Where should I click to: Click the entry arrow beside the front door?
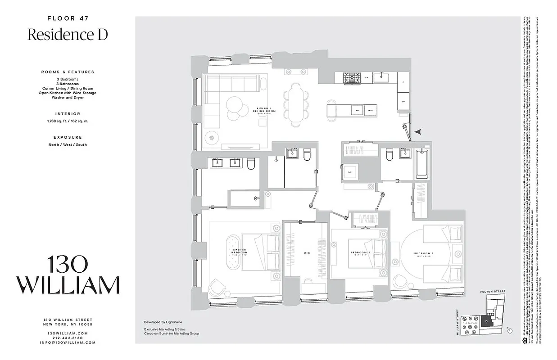point(418,131)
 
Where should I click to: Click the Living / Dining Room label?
point(266,110)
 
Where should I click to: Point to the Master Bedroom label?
point(240,252)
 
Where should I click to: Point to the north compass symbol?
point(510,330)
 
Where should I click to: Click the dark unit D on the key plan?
point(486,321)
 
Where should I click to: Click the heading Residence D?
point(68,35)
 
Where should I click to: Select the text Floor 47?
point(68,18)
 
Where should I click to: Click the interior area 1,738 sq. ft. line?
point(68,121)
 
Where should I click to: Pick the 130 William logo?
point(68,275)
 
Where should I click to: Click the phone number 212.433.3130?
point(68,337)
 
